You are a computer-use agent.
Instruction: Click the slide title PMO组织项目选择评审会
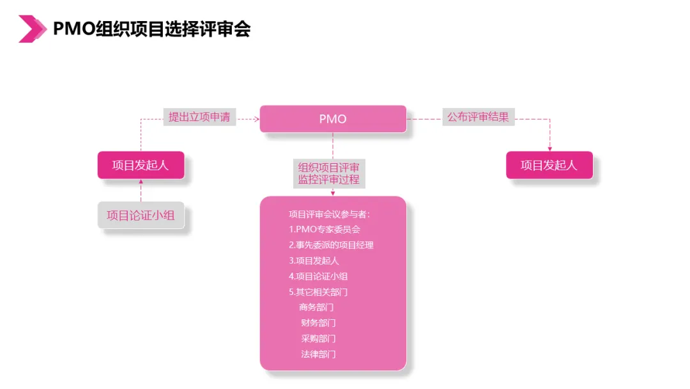[x=151, y=29]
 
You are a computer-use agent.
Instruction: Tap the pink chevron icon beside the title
[x=33, y=29]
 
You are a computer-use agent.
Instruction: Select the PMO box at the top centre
[x=333, y=119]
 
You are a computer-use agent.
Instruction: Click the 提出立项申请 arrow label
[x=199, y=117]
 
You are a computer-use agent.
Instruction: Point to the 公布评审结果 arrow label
[x=478, y=117]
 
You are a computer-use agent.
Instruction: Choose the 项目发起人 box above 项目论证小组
[x=141, y=165]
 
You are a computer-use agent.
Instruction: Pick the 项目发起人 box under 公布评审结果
[x=549, y=165]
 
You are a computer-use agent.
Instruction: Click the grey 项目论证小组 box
[x=141, y=216]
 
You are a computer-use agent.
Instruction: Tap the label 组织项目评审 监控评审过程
[x=329, y=173]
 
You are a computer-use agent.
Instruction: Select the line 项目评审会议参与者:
[x=329, y=214]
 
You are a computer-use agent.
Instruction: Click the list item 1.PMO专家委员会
[x=325, y=229]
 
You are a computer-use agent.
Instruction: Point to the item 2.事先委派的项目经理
[x=331, y=245]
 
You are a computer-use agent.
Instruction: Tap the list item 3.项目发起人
[x=314, y=260]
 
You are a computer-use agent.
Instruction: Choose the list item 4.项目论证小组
[x=318, y=276]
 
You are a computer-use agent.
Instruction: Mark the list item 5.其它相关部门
[x=318, y=292]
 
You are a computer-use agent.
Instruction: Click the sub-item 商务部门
[x=316, y=307]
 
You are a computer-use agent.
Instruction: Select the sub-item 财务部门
[x=318, y=323]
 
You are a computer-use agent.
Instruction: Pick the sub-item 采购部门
[x=318, y=338]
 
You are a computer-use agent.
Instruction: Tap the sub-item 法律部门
[x=318, y=354]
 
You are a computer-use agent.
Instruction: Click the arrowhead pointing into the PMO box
[x=257, y=119]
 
